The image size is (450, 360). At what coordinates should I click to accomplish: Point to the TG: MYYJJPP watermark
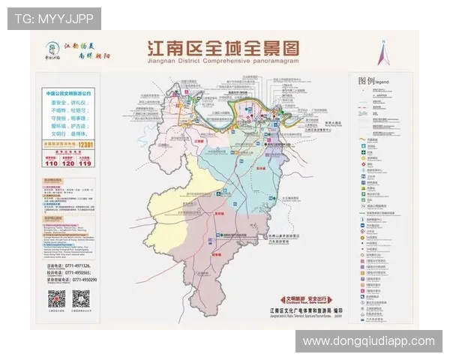pos(53,17)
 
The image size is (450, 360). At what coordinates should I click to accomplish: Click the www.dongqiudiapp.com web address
pos(368,341)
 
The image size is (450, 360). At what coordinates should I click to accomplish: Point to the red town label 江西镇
pos(200,140)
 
